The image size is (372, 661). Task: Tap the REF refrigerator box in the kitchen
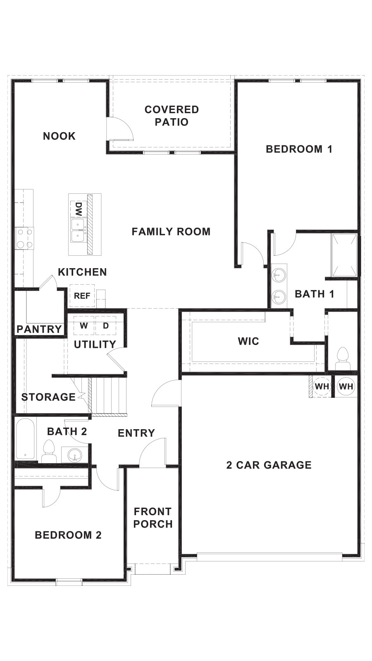82,296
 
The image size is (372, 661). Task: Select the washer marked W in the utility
84,326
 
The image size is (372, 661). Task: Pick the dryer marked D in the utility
106,326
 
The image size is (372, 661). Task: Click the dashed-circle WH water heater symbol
322,386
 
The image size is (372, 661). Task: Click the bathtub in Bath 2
25,439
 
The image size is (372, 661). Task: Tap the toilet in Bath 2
49,451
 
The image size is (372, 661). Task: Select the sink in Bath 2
75,455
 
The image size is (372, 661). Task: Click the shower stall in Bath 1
344,255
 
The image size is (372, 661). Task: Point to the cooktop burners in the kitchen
24,238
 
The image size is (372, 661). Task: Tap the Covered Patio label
172,116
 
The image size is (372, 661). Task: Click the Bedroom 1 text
299,149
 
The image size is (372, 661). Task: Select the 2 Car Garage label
269,465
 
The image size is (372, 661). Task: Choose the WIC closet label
248,341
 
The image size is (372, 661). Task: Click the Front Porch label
153,518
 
